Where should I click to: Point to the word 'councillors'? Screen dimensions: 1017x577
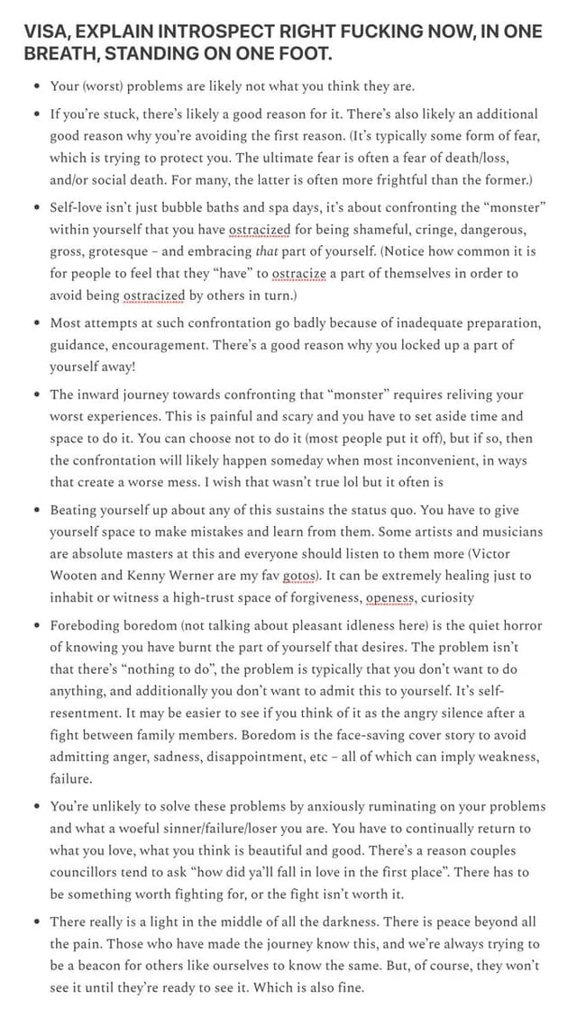click(x=86, y=872)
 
